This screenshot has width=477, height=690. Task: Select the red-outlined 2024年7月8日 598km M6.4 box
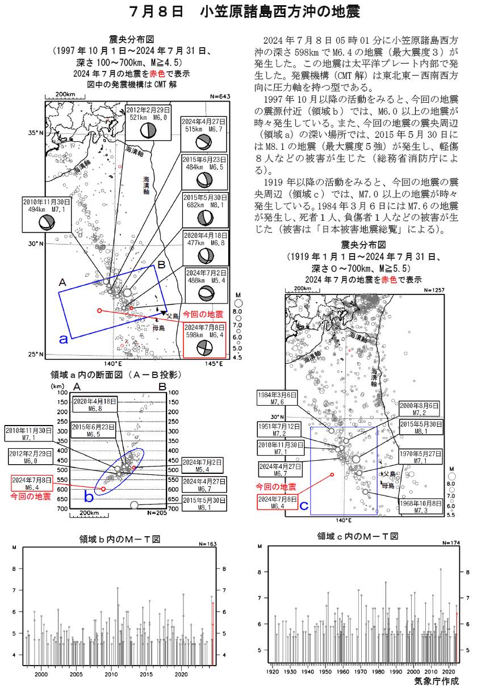[x=204, y=340]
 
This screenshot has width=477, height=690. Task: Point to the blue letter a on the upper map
[x=64, y=339]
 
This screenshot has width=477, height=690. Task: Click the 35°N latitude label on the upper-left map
[x=36, y=133]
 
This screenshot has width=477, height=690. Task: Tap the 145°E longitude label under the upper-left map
[x=214, y=364]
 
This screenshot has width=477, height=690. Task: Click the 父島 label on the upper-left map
[x=172, y=315]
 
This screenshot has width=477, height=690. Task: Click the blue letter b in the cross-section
[x=89, y=497]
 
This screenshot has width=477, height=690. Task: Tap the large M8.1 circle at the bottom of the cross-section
[x=134, y=505]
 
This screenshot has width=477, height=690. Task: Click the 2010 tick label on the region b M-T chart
[x=111, y=675]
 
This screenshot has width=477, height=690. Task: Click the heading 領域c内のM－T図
[x=358, y=536]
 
